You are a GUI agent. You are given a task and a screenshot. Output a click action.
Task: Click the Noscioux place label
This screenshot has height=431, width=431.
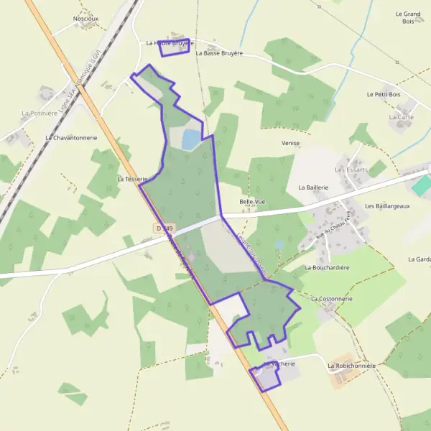pyautogui.click(x=86, y=18)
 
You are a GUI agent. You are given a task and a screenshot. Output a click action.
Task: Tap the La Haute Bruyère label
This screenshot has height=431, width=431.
pyautogui.click(x=170, y=43)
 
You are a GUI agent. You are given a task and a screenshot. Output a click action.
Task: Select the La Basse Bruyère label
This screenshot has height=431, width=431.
pyautogui.click(x=219, y=53)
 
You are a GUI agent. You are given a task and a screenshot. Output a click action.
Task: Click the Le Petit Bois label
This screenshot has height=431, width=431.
pyautogui.click(x=383, y=94)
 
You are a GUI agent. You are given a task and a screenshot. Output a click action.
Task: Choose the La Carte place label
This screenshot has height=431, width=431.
pyautogui.click(x=401, y=117)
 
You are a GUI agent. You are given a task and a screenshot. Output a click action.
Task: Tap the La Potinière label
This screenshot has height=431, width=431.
pyautogui.click(x=39, y=113)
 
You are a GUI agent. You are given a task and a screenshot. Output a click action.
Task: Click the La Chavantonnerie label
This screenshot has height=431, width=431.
pyautogui.click(x=70, y=137)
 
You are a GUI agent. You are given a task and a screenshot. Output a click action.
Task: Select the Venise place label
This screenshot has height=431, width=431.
pyautogui.click(x=291, y=143)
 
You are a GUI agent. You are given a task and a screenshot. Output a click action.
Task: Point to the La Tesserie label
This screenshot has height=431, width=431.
pyautogui.click(x=131, y=178)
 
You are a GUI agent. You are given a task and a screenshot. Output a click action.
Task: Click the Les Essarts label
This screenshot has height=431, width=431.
pyautogui.click(x=351, y=170)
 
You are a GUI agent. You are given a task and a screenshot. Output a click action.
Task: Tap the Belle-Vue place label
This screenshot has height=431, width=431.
pyautogui.click(x=252, y=202)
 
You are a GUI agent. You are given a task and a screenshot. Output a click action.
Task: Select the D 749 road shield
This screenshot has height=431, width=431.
pyautogui.click(x=164, y=228)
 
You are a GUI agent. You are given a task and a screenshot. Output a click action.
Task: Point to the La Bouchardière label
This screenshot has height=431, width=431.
pyautogui.click(x=327, y=267)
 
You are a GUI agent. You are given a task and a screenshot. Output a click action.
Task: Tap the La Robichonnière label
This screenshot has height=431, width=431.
pyautogui.click(x=351, y=366)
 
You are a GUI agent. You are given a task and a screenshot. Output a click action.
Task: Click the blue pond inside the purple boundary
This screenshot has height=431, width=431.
pyautogui.click(x=191, y=139)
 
